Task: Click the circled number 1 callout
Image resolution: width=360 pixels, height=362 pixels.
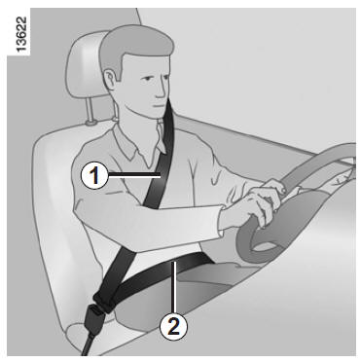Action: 94,175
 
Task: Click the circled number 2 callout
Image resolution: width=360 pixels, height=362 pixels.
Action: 174,326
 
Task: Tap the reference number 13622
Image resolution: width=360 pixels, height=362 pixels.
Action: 21,35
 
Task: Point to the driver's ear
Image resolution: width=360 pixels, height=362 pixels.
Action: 110,79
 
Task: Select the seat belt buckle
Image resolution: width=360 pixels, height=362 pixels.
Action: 93,317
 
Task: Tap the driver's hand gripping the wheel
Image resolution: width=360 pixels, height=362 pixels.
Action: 260,204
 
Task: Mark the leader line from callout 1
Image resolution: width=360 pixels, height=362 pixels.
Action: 134,175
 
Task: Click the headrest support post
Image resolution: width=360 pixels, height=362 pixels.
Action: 90,109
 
